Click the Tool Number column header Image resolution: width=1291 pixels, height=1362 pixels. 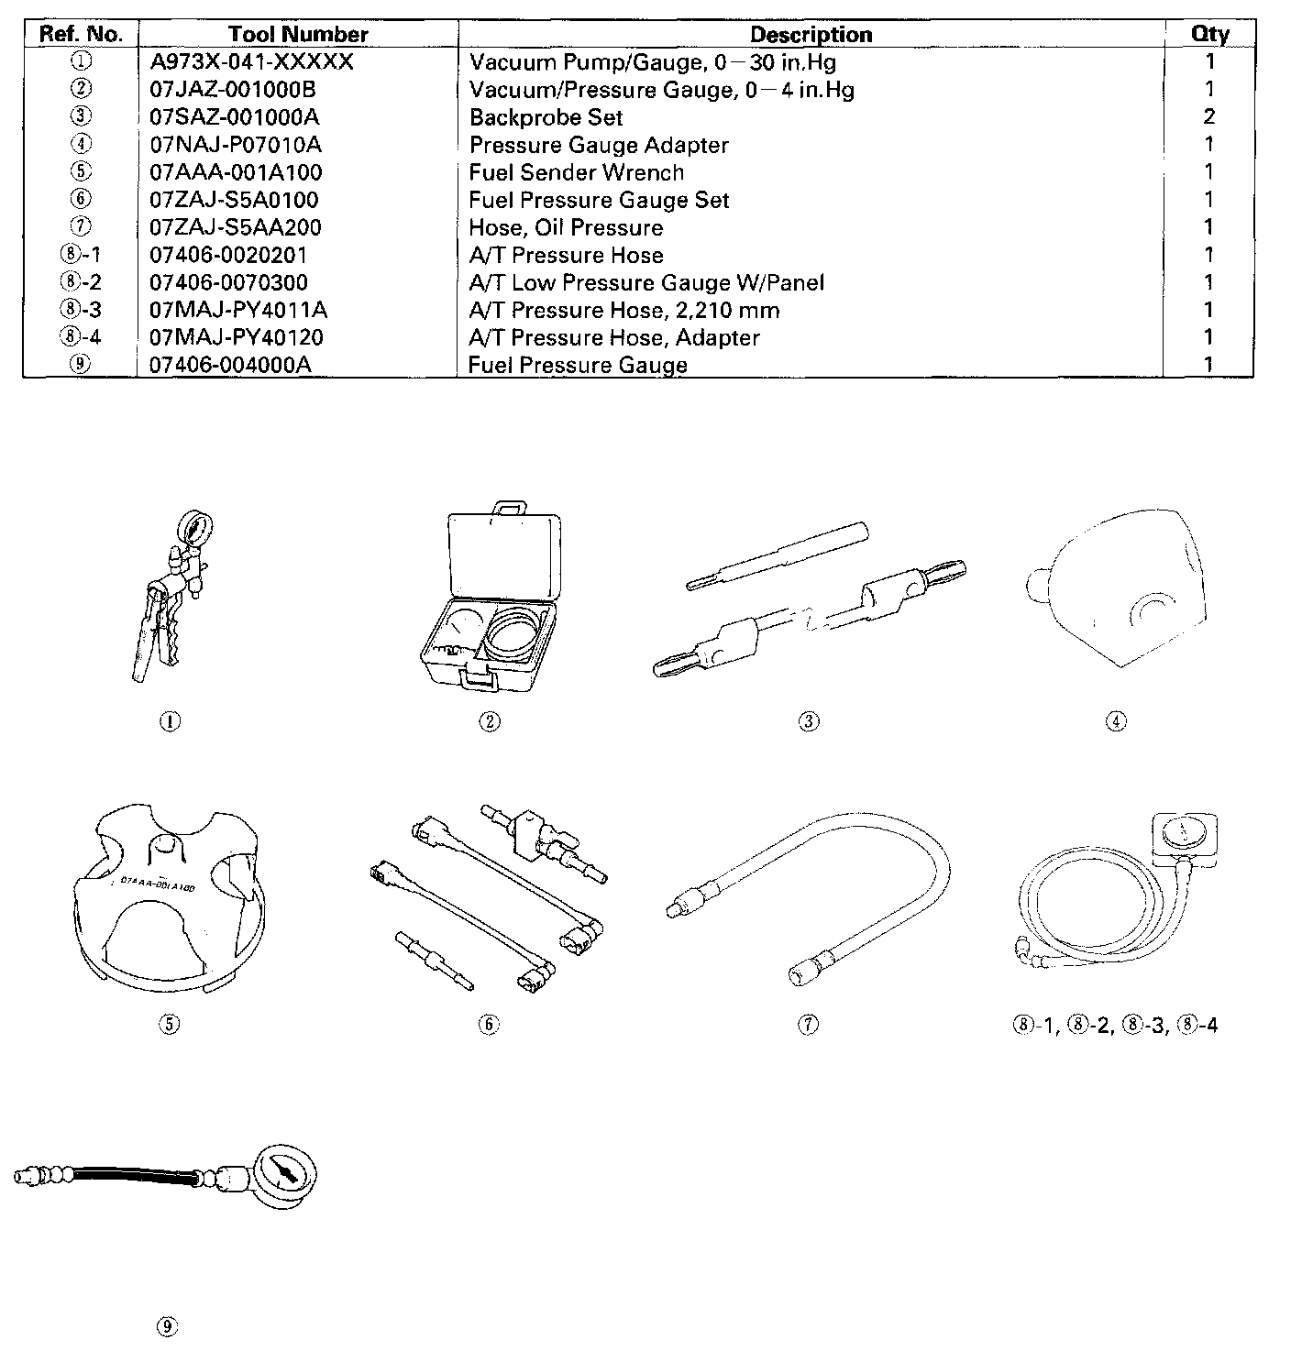point(298,35)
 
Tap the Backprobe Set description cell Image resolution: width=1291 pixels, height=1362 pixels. point(546,117)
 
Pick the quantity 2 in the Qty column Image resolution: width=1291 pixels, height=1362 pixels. point(1209,116)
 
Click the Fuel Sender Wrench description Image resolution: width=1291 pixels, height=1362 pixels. point(576,172)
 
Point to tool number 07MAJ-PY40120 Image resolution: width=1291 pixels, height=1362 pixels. point(236,337)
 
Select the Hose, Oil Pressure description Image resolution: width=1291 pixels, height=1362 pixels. point(566,227)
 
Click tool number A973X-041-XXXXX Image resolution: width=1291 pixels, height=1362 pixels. point(251,62)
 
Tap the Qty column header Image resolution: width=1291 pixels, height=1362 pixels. point(1209,35)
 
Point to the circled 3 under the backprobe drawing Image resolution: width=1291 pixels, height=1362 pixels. point(809,721)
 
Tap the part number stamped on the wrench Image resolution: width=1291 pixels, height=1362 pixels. point(158,883)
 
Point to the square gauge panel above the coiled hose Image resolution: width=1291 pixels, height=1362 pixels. point(1183,835)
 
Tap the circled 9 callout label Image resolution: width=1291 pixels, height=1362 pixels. point(167,1326)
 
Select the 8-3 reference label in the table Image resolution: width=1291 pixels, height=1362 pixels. point(80,310)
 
